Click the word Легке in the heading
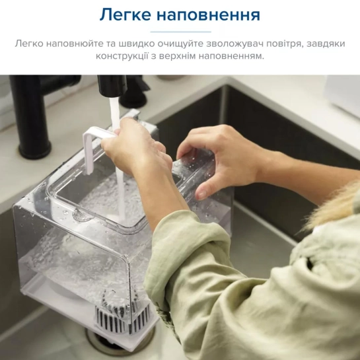126,15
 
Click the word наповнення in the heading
209,15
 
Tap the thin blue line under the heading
181,32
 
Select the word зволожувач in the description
235,44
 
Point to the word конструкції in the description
122,56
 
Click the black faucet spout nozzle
112,85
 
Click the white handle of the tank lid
96,147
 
